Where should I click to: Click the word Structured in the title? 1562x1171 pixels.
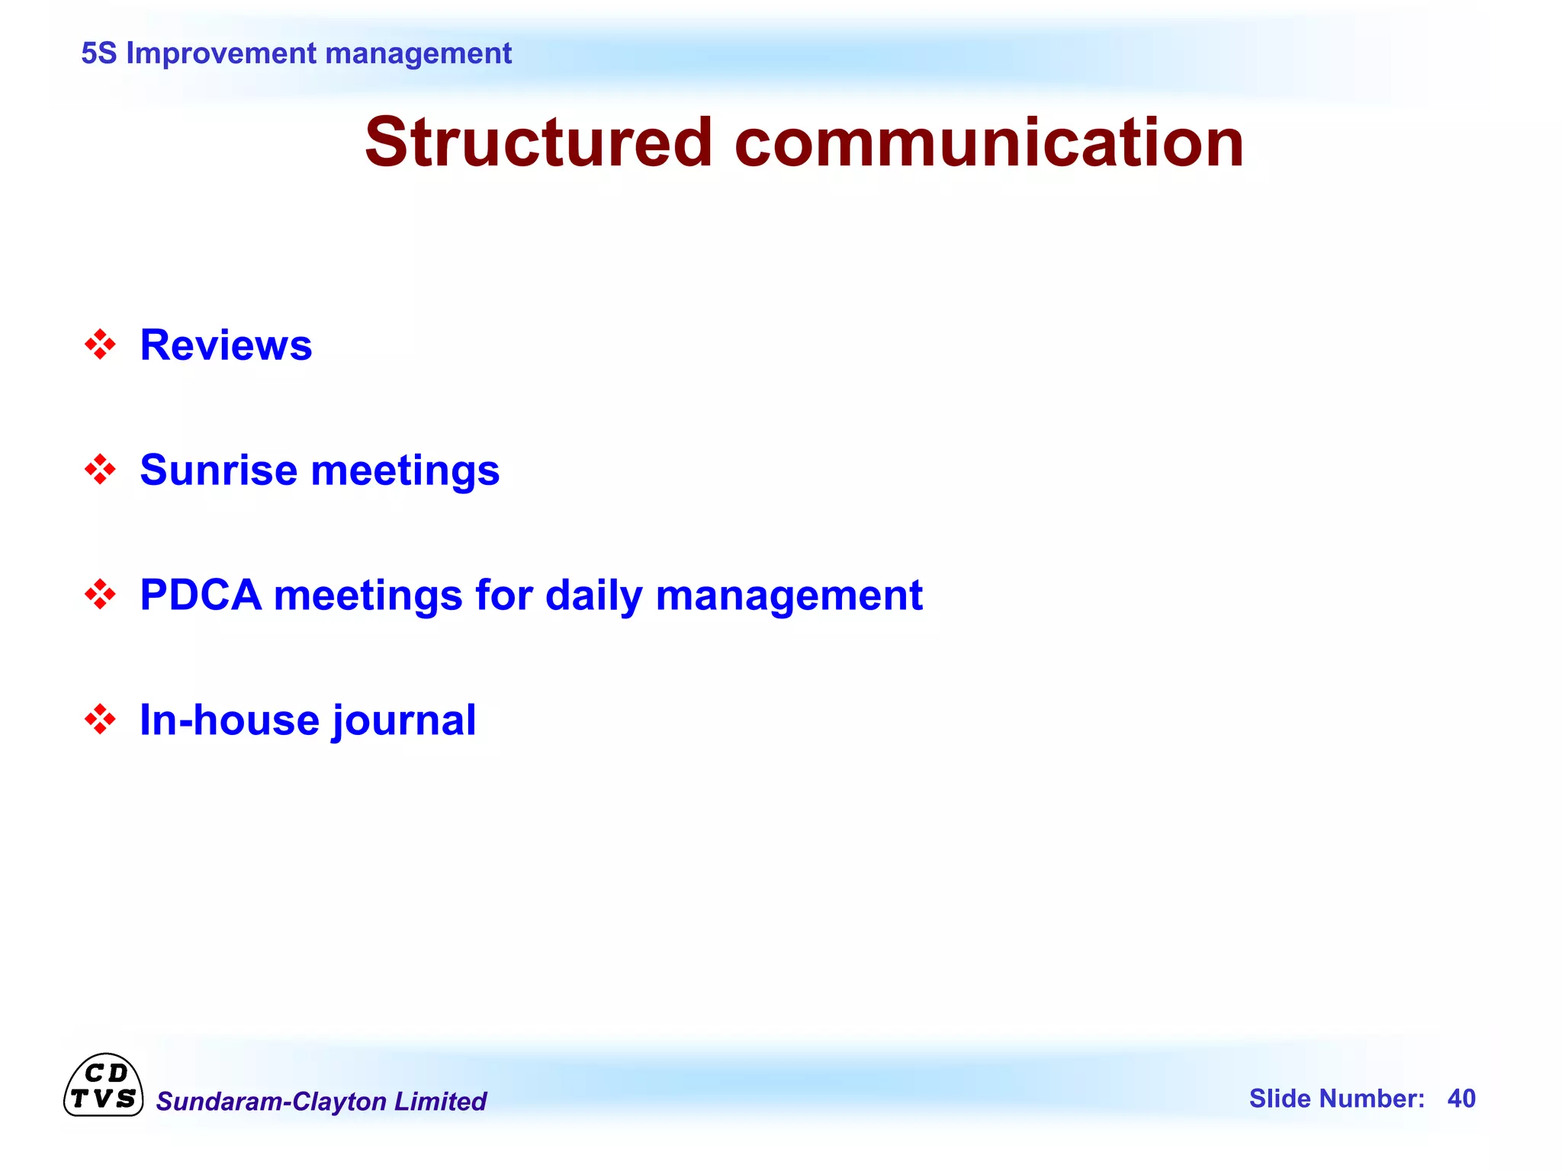[538, 143]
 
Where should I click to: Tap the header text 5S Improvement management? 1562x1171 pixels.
[296, 53]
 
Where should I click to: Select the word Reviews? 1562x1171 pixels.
[226, 345]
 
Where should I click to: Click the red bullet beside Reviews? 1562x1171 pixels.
[100, 345]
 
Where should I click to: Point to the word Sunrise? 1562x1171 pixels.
[218, 470]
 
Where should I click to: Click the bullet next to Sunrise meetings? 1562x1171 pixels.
[100, 470]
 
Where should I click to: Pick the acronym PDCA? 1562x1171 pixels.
[201, 595]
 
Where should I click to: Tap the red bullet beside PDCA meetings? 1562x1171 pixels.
[100, 595]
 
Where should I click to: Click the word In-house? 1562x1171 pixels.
[229, 720]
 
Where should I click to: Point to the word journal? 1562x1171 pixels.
[403, 721]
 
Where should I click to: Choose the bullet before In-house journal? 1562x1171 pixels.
[100, 720]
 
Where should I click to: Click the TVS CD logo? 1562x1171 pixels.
[103, 1086]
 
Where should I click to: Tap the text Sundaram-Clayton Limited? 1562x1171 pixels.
[321, 1101]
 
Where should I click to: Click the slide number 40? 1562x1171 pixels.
[1461, 1099]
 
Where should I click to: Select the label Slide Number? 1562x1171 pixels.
[1336, 1099]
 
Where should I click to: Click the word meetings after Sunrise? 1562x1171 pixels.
[405, 471]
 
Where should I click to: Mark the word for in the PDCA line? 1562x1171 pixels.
[503, 595]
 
